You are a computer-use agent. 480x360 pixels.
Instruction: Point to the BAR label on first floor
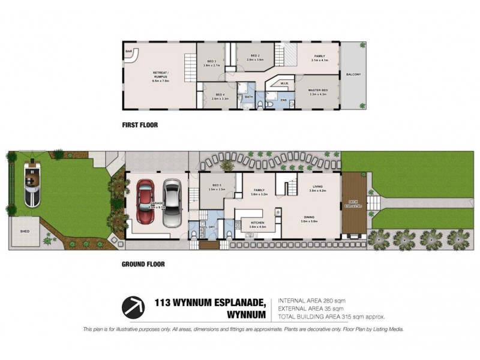point(128,52)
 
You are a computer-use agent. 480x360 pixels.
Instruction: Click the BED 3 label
point(211,61)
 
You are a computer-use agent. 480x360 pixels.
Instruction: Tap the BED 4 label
point(220,95)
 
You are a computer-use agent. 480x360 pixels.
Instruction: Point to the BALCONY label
point(353,74)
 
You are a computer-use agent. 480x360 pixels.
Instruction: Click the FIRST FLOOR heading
point(140,125)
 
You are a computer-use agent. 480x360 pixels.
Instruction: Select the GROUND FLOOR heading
point(143,263)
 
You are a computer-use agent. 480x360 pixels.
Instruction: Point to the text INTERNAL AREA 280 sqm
point(312,300)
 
